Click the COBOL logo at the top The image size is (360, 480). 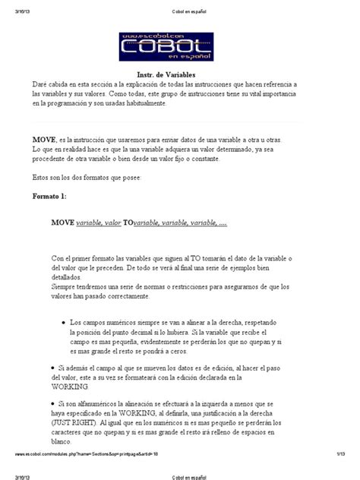click(x=179, y=47)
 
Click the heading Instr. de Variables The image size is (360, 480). click(x=179, y=74)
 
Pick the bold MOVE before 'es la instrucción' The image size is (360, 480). click(x=44, y=141)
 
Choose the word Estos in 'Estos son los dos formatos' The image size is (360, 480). click(x=40, y=177)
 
